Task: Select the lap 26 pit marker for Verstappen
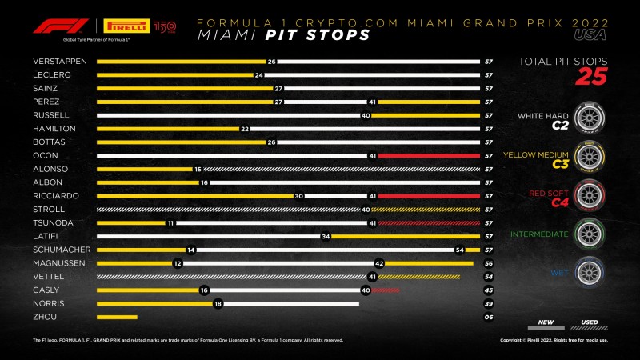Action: (271, 61)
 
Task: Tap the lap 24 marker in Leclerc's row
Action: (258, 74)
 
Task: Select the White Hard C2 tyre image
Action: (590, 118)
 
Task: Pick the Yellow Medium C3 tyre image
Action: (590, 157)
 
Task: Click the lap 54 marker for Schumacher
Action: (460, 250)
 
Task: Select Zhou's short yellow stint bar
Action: (117, 318)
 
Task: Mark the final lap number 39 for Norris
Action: (487, 304)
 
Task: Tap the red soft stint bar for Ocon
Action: (428, 156)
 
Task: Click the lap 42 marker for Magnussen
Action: (379, 263)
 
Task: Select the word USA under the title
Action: (590, 36)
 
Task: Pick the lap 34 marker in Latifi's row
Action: (326, 236)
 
